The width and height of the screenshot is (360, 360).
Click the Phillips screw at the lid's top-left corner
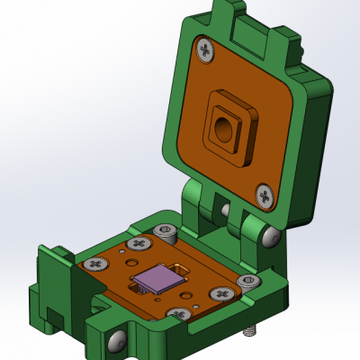pyautogui.click(x=206, y=51)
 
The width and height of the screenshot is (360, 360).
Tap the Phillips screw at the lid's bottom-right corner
pyautogui.click(x=265, y=194)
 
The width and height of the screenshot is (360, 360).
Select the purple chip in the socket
pyautogui.click(x=160, y=279)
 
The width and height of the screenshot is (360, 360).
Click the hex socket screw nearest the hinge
pyautogui.click(x=164, y=232)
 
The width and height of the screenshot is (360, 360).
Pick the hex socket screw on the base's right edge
pyautogui.click(x=247, y=283)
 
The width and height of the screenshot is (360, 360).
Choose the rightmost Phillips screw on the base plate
pyautogui.click(x=220, y=294)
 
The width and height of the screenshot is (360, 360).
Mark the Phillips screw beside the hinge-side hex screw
pyautogui.click(x=138, y=244)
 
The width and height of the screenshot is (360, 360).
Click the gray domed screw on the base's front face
pyautogui.click(x=116, y=341)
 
